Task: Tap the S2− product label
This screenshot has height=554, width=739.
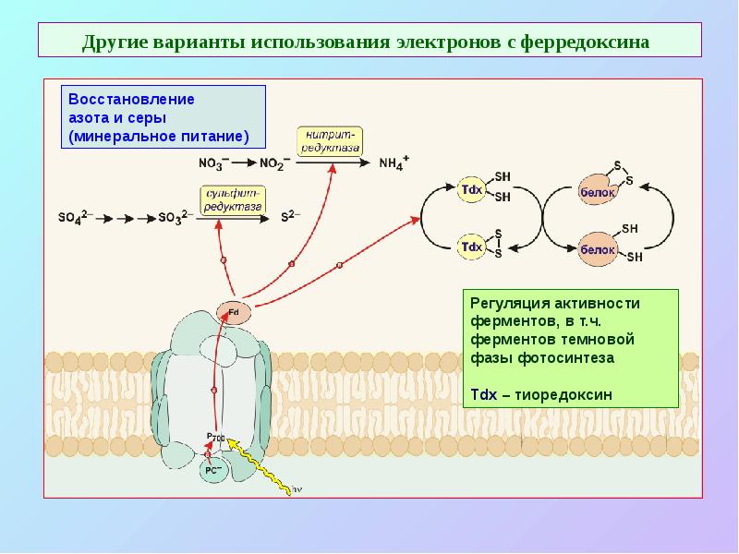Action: (290, 219)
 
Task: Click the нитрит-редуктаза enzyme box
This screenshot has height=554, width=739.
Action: (330, 140)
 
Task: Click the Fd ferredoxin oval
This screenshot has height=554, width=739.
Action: (232, 312)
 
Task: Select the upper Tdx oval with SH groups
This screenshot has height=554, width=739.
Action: (471, 189)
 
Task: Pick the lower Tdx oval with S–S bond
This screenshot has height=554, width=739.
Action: (471, 247)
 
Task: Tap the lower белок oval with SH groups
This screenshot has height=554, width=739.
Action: (597, 249)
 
